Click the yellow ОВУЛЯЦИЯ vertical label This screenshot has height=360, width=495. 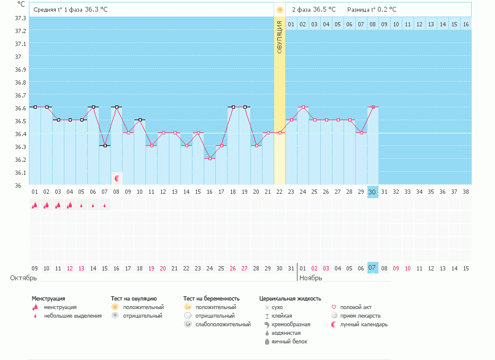click(280, 37)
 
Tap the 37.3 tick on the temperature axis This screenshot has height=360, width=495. click(20, 18)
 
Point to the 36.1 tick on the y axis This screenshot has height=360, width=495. click(20, 172)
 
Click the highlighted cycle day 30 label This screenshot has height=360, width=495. click(372, 192)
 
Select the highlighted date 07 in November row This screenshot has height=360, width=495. click(372, 268)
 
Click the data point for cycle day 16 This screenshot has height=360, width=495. click(210, 158)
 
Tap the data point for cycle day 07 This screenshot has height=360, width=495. click(105, 145)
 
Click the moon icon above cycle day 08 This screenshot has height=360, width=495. click(117, 178)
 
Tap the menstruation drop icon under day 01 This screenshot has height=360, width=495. click(35, 205)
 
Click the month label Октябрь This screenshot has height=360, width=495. click(23, 278)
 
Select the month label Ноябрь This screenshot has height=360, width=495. click(310, 278)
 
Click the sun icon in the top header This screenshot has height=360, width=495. click(280, 10)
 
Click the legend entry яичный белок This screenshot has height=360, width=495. click(285, 341)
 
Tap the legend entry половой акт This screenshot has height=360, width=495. click(356, 307)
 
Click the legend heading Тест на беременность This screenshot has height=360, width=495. click(211, 298)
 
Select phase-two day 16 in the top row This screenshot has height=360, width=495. click(466, 24)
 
